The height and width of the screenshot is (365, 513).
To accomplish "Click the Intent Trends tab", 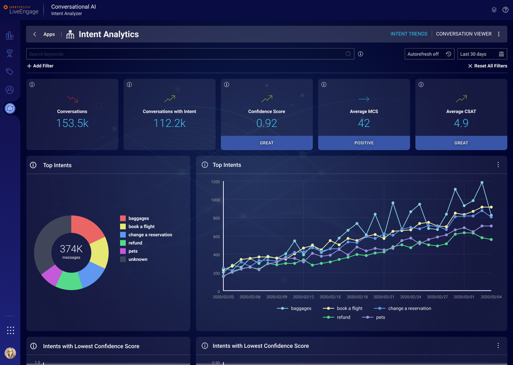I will [x=409, y=34].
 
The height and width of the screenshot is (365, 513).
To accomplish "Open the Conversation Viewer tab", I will [x=463, y=34].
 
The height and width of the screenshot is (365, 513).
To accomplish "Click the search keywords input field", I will [x=184, y=54].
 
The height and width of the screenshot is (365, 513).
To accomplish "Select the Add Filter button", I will [x=40, y=66].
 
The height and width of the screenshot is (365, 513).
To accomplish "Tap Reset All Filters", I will [x=487, y=66].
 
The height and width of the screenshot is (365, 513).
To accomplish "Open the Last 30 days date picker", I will [x=482, y=54].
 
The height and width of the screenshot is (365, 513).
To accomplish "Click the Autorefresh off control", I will [x=429, y=54].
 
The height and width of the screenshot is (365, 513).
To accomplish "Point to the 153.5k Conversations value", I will [x=72, y=123].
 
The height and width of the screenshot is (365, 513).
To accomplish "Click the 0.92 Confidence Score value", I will [x=267, y=123].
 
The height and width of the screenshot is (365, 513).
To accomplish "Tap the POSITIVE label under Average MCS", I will [x=364, y=143].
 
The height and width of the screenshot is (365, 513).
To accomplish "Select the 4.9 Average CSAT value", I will [x=461, y=123].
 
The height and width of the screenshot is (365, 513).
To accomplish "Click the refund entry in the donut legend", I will [x=135, y=243].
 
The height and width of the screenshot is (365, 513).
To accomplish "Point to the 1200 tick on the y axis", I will [x=215, y=182].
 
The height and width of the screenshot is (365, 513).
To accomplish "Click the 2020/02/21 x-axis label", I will [x=385, y=297].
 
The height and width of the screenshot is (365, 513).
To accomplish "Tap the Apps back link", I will [x=44, y=34].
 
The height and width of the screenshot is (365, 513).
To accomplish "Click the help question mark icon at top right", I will [x=506, y=10].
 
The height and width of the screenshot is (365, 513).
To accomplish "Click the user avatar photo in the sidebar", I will [x=10, y=353].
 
